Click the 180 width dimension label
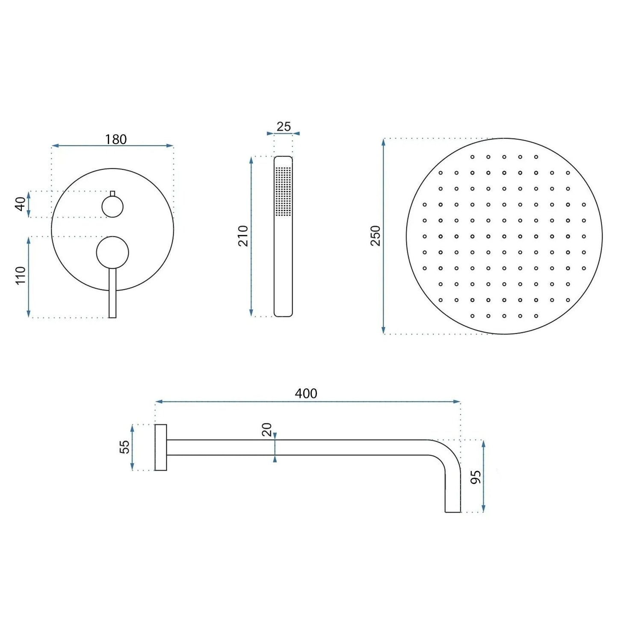pyautogui.click(x=115, y=139)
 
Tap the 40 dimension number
pyautogui.click(x=21, y=204)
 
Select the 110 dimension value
pyautogui.click(x=21, y=275)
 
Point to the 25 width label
pyautogui.click(x=283, y=127)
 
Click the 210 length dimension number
pyautogui.click(x=243, y=236)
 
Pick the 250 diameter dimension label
pyautogui.click(x=375, y=236)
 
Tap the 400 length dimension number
pyautogui.click(x=306, y=393)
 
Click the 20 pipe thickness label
pyautogui.click(x=266, y=429)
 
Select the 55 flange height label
pyautogui.click(x=124, y=447)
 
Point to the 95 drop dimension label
pyautogui.click(x=476, y=477)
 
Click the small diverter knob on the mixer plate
pyautogui.click(x=112, y=207)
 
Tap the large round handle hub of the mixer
pyautogui.click(x=112, y=252)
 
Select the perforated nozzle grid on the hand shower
pyautogui.click(x=283, y=191)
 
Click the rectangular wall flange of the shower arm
pyautogui.click(x=161, y=448)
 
